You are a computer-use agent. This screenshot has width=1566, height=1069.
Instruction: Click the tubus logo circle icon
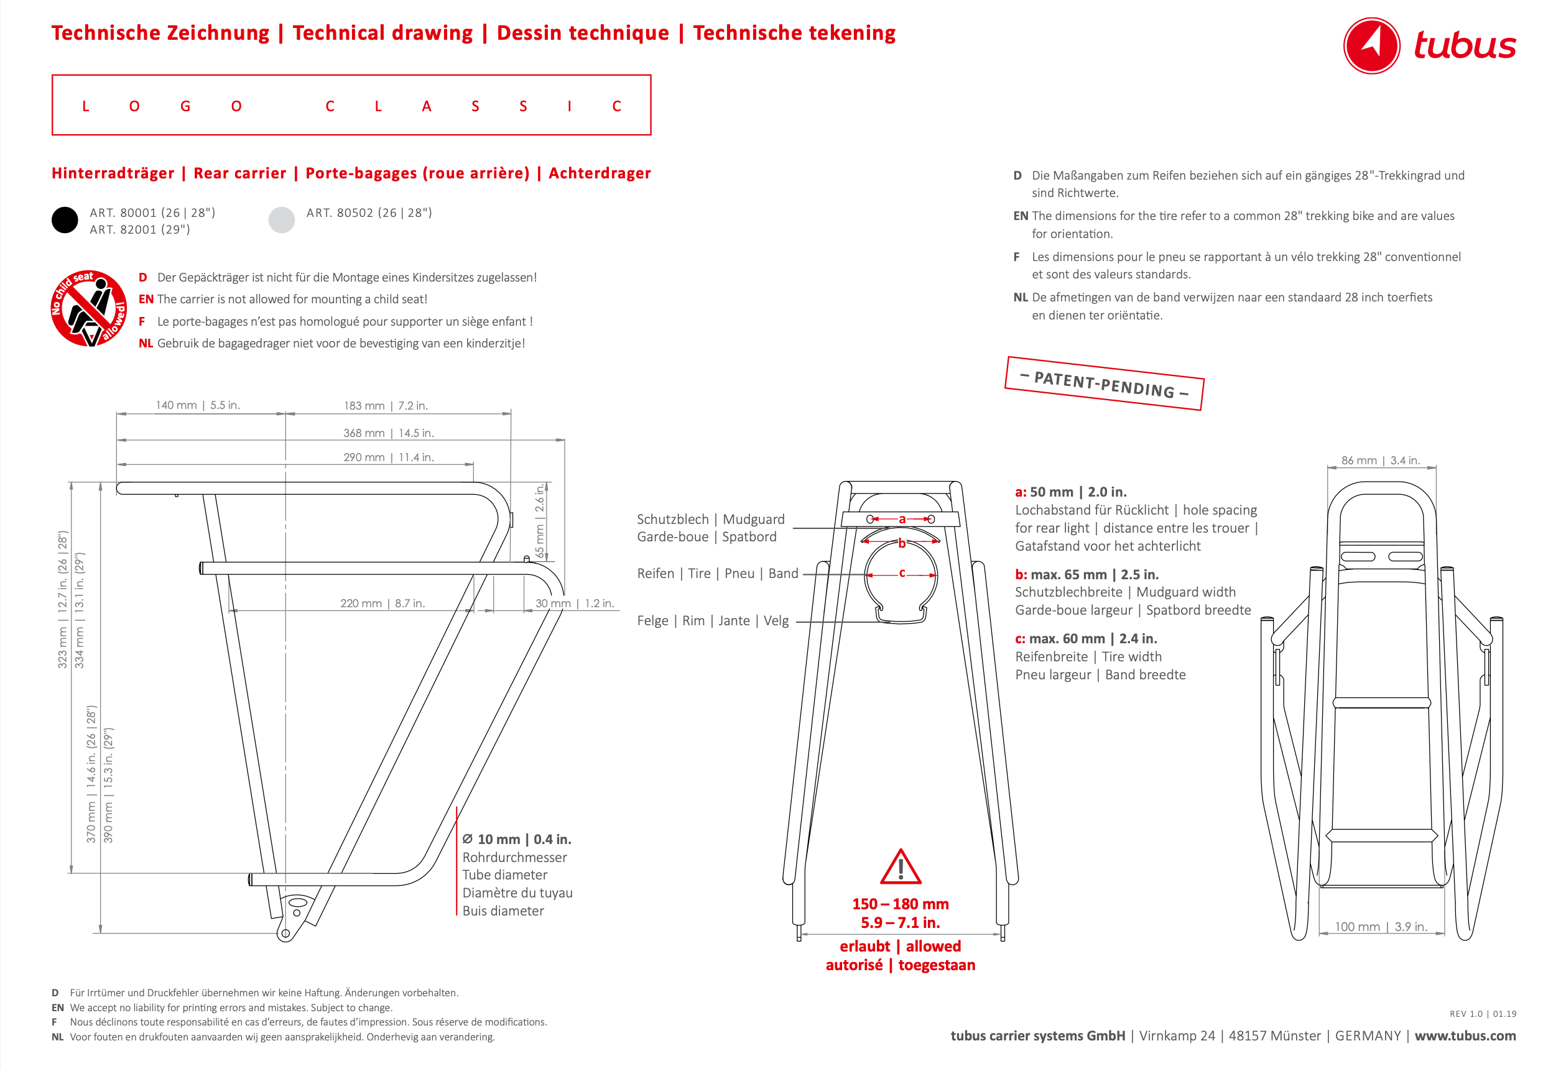click(x=1372, y=46)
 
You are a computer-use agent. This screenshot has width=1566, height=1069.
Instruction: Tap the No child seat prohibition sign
click(x=89, y=308)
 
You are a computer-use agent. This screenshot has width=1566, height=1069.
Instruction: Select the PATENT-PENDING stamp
click(x=1104, y=383)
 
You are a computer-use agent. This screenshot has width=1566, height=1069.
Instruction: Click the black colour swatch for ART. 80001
click(x=65, y=220)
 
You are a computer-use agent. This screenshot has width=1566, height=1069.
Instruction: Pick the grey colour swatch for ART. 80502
click(x=282, y=220)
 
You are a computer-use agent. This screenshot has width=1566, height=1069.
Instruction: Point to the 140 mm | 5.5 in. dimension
click(x=197, y=405)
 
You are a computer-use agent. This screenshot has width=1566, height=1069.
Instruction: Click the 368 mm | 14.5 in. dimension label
click(x=388, y=433)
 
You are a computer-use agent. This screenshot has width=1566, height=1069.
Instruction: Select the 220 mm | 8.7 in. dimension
click(x=382, y=603)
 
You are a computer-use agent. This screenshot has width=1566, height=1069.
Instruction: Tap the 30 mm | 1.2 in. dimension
click(x=574, y=603)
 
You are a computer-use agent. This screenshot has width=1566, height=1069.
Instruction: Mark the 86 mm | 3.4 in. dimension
click(x=1380, y=461)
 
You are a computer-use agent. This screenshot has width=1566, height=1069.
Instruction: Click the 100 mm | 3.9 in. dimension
click(x=1381, y=927)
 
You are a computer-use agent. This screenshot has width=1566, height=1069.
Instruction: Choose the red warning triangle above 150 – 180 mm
click(x=901, y=868)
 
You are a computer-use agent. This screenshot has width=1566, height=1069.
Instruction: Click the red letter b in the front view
click(x=902, y=544)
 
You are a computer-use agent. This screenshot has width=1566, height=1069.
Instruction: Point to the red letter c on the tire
click(x=902, y=573)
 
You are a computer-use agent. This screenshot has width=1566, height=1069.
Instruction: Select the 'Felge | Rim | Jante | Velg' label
click(x=712, y=620)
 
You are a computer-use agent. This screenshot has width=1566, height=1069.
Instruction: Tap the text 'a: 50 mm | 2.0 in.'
click(x=1071, y=492)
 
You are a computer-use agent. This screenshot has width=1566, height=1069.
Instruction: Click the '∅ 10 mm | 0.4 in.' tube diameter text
click(x=516, y=839)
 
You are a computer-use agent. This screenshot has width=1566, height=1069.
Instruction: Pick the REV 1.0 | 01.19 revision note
click(x=1483, y=1014)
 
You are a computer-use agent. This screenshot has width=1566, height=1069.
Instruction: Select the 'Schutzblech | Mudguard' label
click(x=710, y=520)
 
